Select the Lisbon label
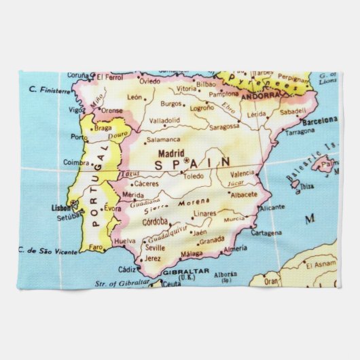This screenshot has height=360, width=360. coord(60,208)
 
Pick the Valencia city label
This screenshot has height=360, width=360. coord(242,173)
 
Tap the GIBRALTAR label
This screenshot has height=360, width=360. coord(180,272)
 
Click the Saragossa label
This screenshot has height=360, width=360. coord(223,126)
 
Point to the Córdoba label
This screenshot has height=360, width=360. coord(158,221)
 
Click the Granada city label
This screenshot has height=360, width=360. coord(212,240)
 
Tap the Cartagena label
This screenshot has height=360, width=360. coord(266,232)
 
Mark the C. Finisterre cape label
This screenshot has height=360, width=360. coord(49,90)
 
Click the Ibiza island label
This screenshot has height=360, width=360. coord(306,185)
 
